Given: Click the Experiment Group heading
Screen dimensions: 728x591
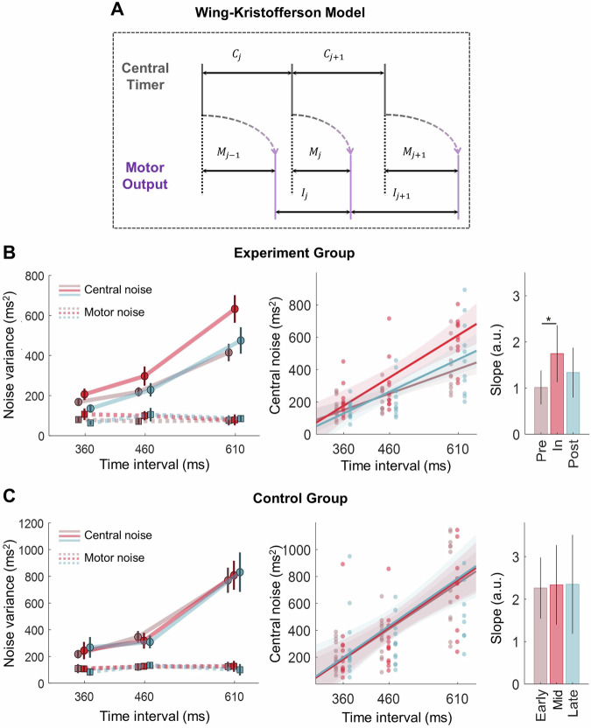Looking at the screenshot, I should coord(294,258).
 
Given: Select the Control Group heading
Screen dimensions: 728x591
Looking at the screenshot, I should coord(294,500).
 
